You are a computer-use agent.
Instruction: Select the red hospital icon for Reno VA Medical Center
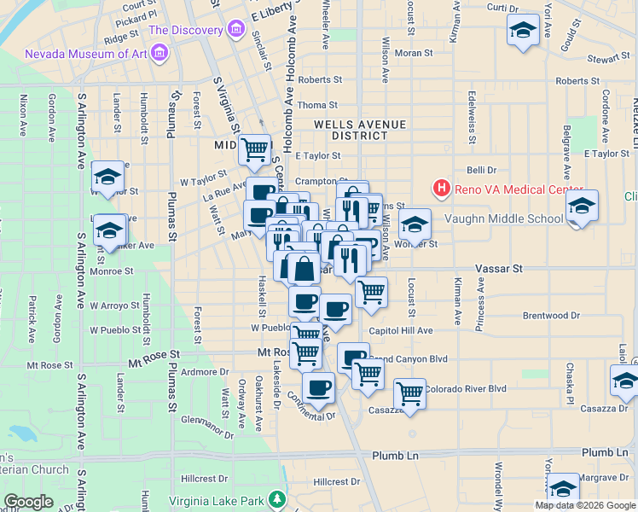coord(442,189)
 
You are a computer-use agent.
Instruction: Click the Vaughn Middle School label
coord(504,218)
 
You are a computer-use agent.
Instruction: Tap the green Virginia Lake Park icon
coord(276,499)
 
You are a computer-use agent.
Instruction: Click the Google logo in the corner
coord(28,502)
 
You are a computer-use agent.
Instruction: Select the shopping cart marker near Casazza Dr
coord(409,394)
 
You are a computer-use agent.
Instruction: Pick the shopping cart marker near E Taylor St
coord(255,149)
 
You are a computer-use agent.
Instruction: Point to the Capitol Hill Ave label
coord(401,331)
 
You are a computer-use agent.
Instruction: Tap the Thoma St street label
coord(317,105)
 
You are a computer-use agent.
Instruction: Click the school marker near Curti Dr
coord(523,31)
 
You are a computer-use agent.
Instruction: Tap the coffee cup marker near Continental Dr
coord(318,388)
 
